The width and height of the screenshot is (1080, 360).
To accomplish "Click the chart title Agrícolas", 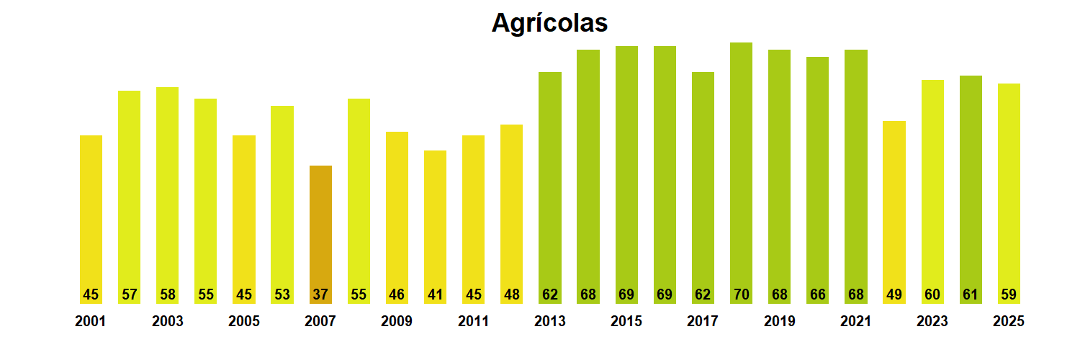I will [549, 23].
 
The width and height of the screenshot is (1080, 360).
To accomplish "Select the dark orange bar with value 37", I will [320, 230].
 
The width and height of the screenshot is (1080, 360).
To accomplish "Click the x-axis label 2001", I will [90, 322].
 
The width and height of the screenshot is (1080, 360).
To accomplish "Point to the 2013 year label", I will [549, 322].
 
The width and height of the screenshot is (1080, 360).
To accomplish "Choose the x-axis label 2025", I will [1008, 322].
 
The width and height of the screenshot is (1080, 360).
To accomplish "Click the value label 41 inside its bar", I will [435, 294].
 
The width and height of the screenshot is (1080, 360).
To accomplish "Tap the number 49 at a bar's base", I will [894, 294].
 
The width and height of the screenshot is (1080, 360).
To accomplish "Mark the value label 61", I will [971, 294].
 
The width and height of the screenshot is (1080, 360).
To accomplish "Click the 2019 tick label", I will [779, 322].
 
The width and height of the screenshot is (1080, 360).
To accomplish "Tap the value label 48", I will [512, 294].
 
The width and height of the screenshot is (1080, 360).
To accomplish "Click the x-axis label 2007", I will [320, 322].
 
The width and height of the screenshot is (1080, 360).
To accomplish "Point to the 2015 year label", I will [626, 322].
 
